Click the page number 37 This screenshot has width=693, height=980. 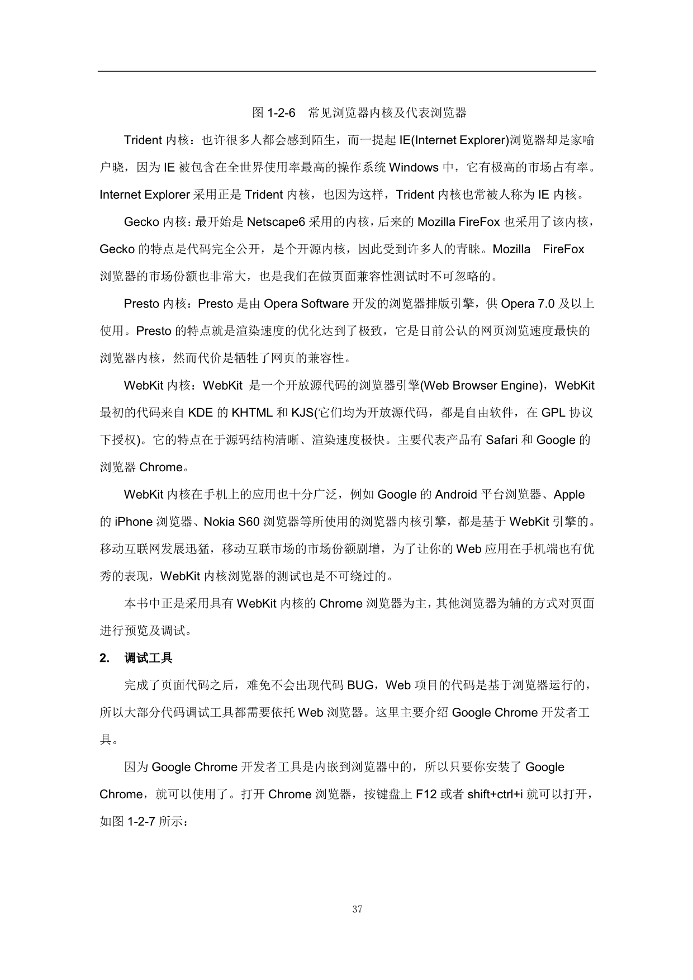click(358, 910)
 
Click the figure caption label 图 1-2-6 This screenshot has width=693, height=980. click(273, 113)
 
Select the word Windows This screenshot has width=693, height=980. click(414, 167)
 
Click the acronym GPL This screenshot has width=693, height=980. click(553, 413)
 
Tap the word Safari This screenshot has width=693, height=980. click(502, 440)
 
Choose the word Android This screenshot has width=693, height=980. click(455, 495)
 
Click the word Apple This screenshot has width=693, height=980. click(569, 495)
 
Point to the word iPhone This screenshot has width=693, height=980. click(134, 522)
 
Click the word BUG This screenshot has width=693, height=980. click(360, 685)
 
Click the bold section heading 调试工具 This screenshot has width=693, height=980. click(148, 658)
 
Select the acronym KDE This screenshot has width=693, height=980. click(200, 413)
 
